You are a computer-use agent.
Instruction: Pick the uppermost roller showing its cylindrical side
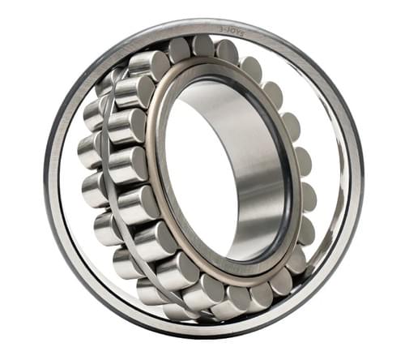[x=149, y=64]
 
